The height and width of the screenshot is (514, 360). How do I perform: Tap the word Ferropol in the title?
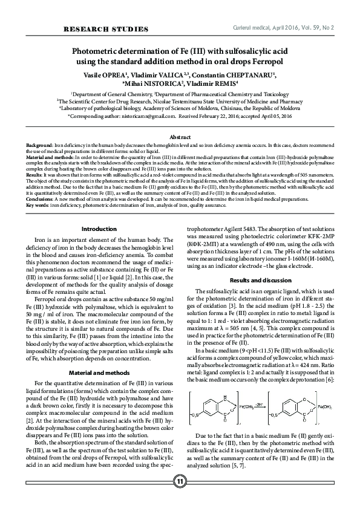tap(267, 62)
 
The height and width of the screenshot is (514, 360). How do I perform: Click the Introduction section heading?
tap(99, 229)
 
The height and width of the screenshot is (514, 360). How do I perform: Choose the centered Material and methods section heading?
tap(99, 356)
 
